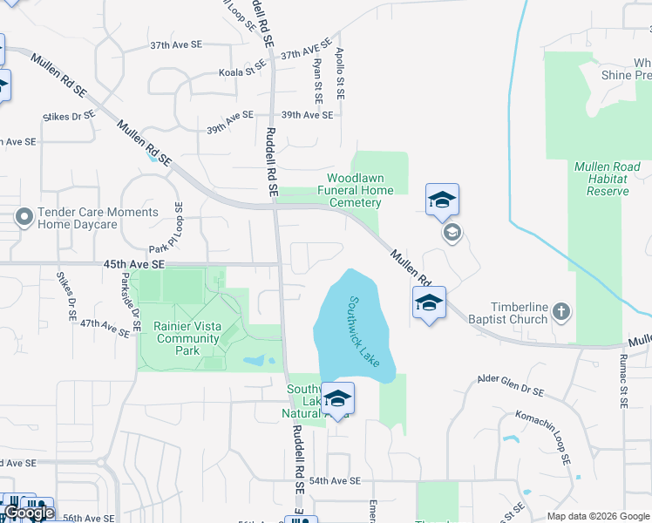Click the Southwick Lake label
click(x=365, y=331)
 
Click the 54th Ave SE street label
click(x=335, y=480)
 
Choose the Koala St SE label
click(x=242, y=72)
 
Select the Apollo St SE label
click(x=341, y=73)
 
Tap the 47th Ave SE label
click(x=105, y=324)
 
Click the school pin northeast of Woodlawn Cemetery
click(x=442, y=200)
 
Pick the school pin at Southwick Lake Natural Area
click(x=337, y=399)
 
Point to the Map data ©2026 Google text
click(x=598, y=515)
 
